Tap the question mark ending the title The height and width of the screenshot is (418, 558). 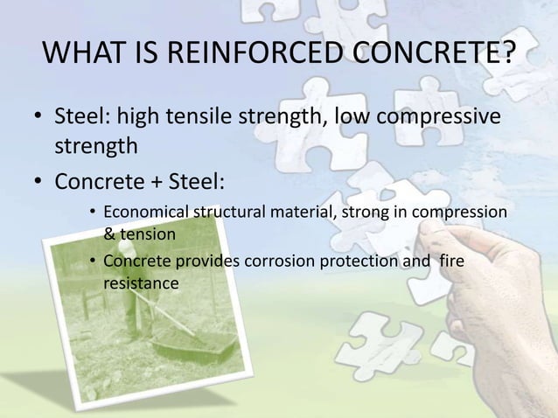505,57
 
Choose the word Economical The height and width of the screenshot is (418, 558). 145,213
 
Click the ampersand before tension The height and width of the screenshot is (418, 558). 109,233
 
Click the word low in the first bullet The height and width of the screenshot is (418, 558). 343,116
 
